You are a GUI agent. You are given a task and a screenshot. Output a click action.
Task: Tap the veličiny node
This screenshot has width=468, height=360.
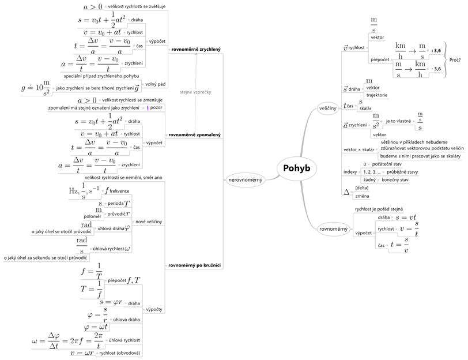328,108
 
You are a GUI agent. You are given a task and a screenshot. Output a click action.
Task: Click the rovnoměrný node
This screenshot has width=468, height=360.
334,230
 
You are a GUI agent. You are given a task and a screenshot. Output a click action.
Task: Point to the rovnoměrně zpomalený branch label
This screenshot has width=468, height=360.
195,134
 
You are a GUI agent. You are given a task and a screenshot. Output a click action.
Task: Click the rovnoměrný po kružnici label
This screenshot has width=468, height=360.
195,265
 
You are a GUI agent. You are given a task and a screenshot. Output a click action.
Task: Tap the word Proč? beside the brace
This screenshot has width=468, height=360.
455,60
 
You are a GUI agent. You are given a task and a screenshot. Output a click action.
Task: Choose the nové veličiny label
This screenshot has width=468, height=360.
148,222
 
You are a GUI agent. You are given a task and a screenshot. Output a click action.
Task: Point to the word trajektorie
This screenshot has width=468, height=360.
376,95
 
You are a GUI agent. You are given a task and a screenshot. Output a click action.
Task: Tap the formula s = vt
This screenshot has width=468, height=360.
405,217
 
